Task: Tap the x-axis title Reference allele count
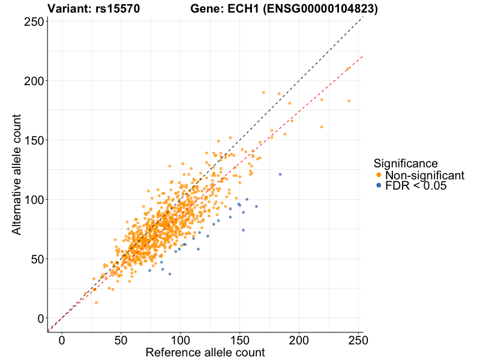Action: pos(205,352)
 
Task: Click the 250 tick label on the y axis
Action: pos(32,22)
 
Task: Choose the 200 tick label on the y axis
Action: pos(32,81)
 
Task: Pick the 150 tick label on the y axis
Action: pos(32,140)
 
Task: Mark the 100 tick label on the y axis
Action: pos(32,199)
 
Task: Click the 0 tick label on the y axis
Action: pos(40,318)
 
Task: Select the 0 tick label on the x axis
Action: pos(62,340)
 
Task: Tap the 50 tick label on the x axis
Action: pos(121,340)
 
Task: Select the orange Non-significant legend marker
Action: pos(379,175)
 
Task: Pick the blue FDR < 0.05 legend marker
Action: pos(379,186)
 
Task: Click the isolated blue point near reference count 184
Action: pos(280,175)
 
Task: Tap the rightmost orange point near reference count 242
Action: pos(349,101)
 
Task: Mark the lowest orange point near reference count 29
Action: pos(96,302)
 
